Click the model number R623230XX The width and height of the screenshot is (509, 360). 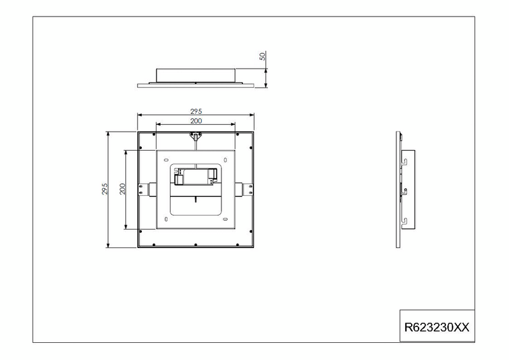point(437,328)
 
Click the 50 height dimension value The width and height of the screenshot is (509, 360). point(261,56)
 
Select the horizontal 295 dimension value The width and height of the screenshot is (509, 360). point(196,111)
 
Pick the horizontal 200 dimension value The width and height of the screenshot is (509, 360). point(196,120)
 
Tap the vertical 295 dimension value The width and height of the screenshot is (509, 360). point(105,190)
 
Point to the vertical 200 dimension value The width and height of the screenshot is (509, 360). point(122,190)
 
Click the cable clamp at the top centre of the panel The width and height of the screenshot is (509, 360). point(196,135)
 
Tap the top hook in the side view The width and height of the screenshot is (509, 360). point(403,163)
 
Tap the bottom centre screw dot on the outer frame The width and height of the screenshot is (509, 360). point(196,245)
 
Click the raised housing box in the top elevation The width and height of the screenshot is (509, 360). point(196,74)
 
